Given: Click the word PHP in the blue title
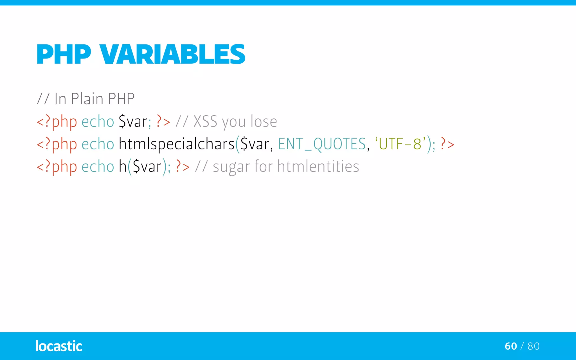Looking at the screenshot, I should pos(64,54).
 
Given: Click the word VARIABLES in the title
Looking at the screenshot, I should pos(172,54).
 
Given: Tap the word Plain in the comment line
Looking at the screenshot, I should pos(87,99).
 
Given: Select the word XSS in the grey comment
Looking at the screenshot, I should pos(205,121).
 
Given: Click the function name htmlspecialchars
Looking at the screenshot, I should pos(176,144).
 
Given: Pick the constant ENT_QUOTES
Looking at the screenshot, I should pos(322,144).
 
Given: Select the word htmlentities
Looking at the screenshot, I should pos(318,166).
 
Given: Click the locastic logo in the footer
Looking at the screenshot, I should pos(59,346).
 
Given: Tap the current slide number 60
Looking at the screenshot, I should pos(511,346).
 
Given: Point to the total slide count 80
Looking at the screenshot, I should pos(534,346).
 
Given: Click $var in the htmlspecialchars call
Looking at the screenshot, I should pos(255,144).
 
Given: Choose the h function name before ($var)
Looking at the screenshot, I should pos(122,166).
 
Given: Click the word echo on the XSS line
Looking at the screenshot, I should pos(98,121).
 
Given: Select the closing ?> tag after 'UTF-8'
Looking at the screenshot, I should pos(447,144).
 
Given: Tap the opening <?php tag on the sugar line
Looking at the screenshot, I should pos(57,167).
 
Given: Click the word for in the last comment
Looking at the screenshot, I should pos(263,166).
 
